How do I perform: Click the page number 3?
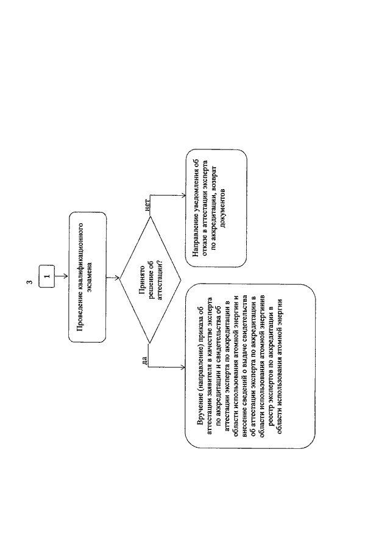point(30,282)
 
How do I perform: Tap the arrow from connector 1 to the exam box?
point(61,276)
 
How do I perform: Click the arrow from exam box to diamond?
point(113,278)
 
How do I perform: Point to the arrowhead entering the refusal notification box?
point(183,196)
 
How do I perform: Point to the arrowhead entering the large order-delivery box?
point(183,368)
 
